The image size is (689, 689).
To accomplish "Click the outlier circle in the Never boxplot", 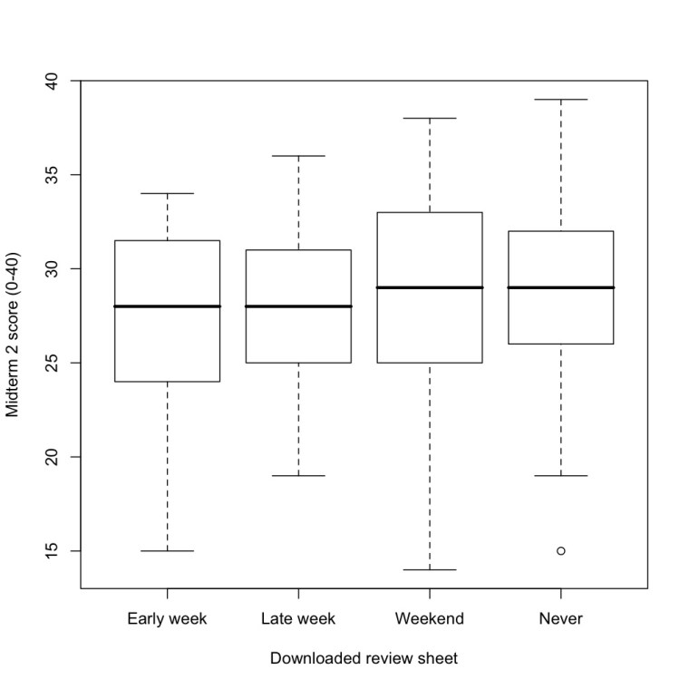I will point(560,550).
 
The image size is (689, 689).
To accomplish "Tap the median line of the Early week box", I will point(167,306).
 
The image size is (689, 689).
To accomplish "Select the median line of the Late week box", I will point(298,306).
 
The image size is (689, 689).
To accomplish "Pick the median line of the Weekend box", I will point(430,287).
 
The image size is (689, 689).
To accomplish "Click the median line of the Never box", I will point(560,287).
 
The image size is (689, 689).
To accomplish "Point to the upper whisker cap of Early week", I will point(167,193).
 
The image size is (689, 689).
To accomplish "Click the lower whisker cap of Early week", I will point(167,550).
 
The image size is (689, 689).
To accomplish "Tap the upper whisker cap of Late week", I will point(298,156).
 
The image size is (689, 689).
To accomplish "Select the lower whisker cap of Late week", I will point(298,475).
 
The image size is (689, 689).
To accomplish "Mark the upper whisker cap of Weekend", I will point(430,118).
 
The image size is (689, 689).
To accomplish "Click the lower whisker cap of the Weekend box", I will point(430,569).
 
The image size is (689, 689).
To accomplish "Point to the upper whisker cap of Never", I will point(560,99).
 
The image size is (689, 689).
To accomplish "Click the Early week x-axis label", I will point(167,619).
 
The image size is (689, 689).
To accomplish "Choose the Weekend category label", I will point(430,619).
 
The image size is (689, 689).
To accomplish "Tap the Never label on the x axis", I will point(560,619).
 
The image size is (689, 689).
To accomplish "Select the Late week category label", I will point(298,619).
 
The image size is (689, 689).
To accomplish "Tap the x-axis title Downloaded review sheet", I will point(364,659).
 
